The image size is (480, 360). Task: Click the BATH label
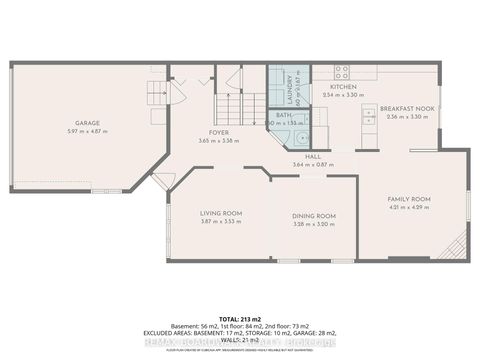[283, 115]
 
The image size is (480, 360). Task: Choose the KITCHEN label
[343, 86]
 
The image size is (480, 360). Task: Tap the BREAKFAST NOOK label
[402, 108]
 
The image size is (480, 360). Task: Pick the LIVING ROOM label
[220, 213]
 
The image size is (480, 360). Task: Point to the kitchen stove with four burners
[341, 72]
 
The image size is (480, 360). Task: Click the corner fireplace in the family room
[456, 244]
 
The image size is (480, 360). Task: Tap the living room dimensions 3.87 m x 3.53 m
[220, 221]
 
